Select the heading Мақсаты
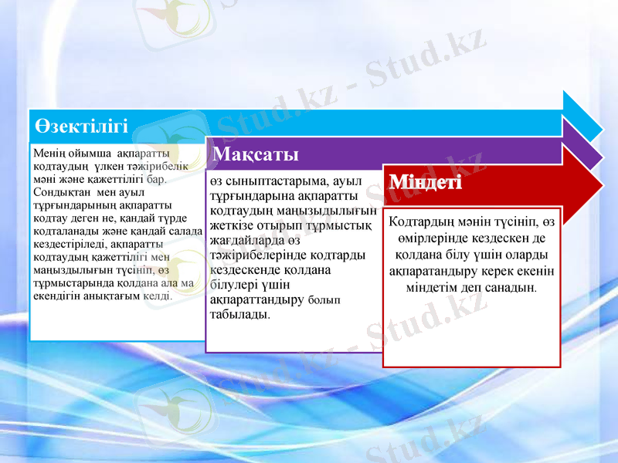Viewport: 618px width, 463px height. tap(255, 154)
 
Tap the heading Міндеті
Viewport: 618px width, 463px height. tap(426, 184)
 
